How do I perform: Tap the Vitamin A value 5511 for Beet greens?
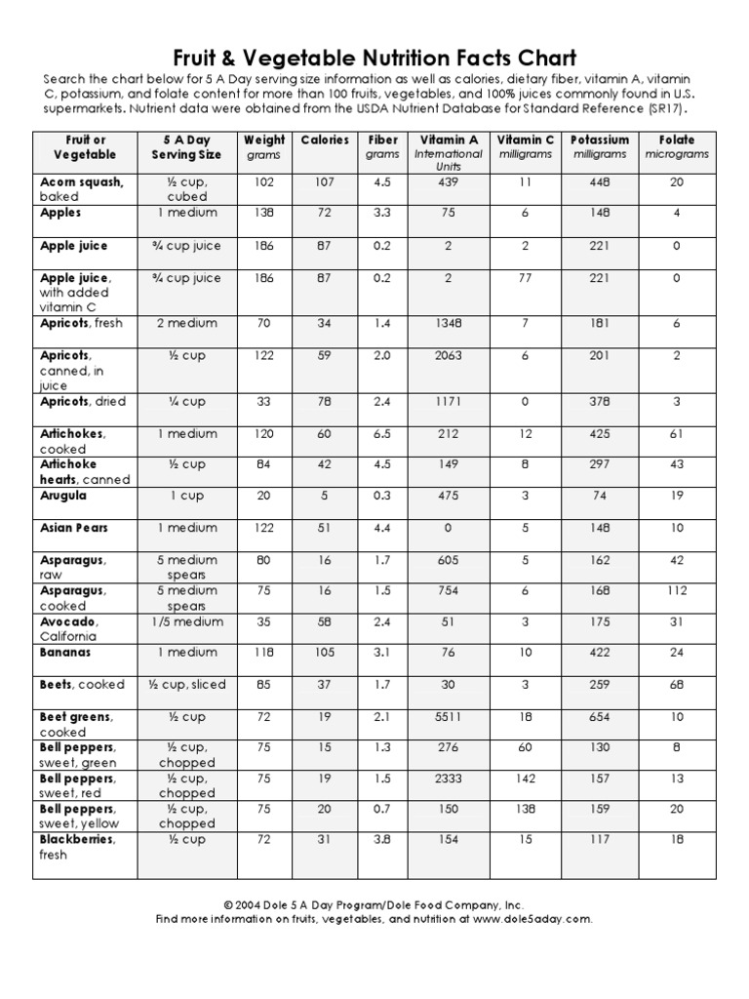click(x=448, y=717)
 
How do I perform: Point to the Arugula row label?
click(x=63, y=496)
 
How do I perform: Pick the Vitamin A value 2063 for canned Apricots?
click(x=448, y=356)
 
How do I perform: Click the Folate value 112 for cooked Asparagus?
click(x=676, y=590)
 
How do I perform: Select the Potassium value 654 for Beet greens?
click(x=600, y=717)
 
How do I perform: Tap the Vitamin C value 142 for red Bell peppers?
click(x=525, y=779)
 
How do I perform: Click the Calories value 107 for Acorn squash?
click(x=324, y=181)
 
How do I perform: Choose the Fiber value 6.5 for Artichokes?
click(x=382, y=433)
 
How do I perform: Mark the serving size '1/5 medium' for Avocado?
click(x=186, y=621)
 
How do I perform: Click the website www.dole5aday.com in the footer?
click(x=533, y=919)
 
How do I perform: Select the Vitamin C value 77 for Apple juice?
click(x=525, y=278)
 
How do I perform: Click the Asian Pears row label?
click(x=74, y=528)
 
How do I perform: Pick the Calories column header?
click(x=324, y=140)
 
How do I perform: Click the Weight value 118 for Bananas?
click(x=264, y=653)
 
